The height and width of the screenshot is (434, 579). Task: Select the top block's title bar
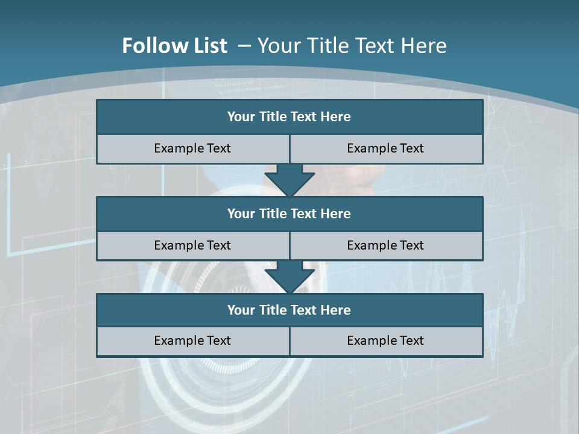289,117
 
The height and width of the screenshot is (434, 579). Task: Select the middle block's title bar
289,214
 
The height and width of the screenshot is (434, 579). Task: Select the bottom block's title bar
289,310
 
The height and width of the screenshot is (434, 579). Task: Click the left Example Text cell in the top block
192,149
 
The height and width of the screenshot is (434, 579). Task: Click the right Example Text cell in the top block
386,149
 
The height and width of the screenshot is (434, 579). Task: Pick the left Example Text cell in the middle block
192,246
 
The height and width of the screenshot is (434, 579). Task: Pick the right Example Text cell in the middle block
386,246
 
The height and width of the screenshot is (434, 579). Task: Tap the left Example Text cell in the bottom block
192,341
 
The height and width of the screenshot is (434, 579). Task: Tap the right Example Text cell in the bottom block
386,341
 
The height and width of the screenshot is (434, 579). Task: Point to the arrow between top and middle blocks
289,180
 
